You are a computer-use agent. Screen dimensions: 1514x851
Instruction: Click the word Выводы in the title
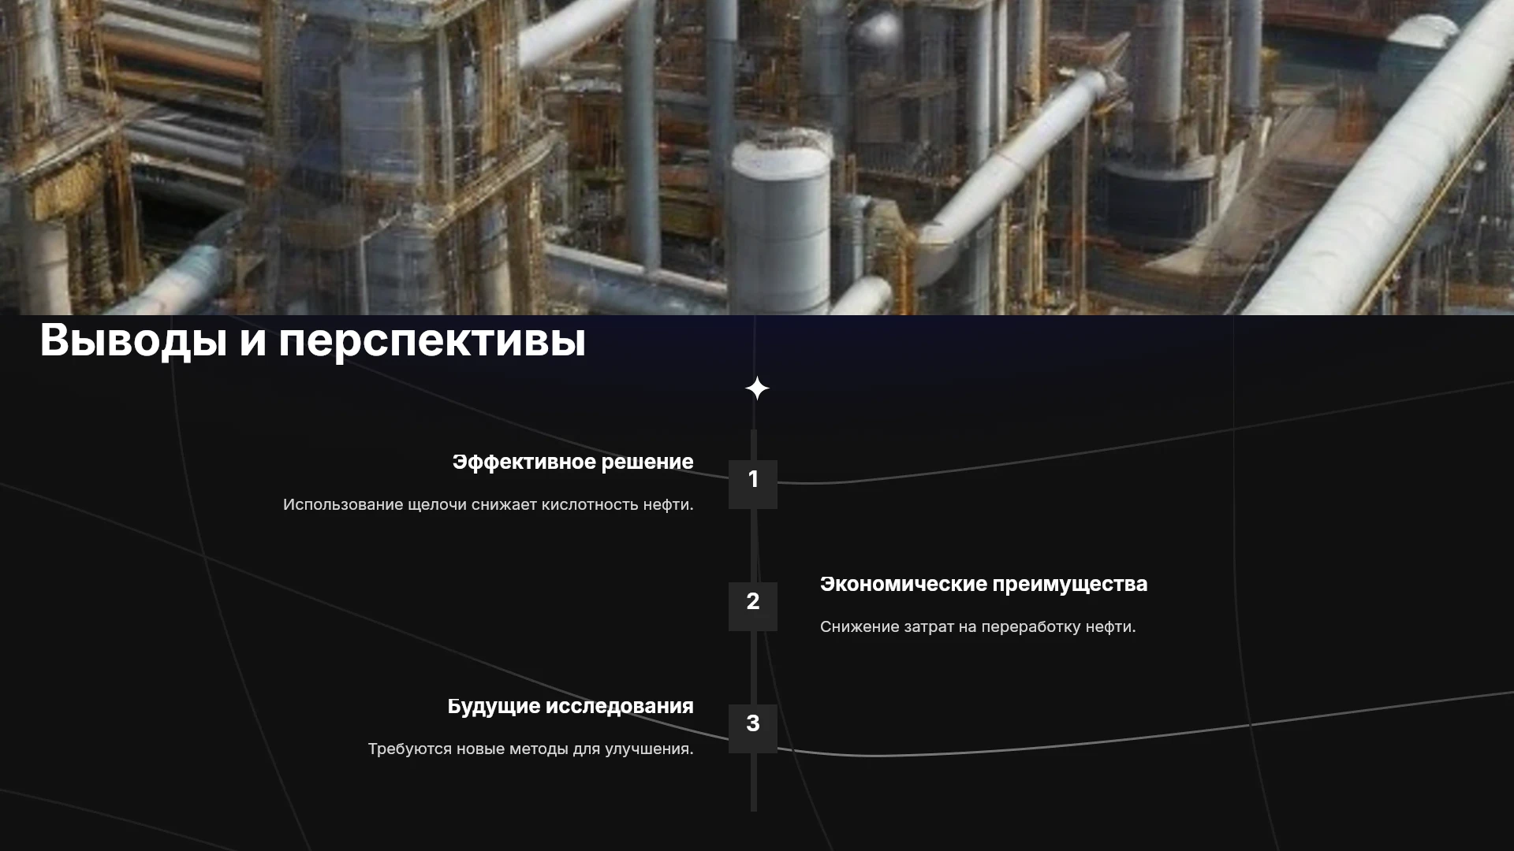[133, 341]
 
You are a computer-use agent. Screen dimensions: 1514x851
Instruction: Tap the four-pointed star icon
[757, 388]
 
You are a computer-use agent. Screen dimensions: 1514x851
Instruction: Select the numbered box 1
[753, 484]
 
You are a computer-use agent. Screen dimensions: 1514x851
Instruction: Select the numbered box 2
[753, 606]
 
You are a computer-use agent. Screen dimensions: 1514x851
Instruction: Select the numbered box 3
[753, 728]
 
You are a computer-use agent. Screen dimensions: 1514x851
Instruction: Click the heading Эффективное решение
[573, 463]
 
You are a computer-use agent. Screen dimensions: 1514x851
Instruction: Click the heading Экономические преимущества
[983, 585]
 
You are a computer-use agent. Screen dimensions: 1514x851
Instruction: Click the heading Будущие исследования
[571, 707]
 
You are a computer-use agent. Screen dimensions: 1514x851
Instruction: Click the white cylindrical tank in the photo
[778, 221]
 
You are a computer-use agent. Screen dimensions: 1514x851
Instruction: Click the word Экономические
[903, 585]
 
